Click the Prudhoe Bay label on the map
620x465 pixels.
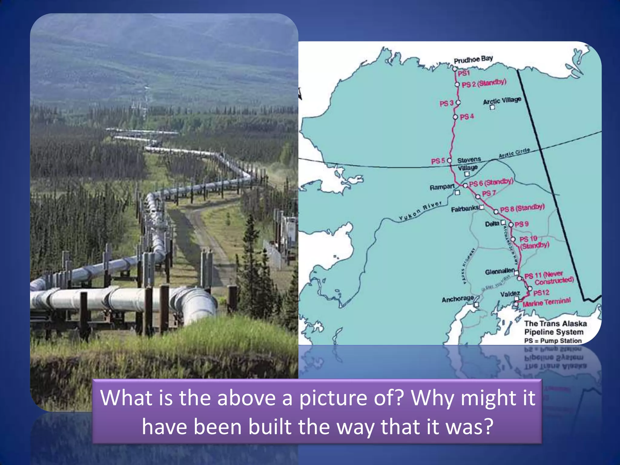(473, 59)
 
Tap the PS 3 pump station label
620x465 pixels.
(447, 104)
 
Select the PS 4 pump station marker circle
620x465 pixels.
(456, 117)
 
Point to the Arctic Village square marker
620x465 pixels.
(493, 107)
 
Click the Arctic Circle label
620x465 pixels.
(514, 153)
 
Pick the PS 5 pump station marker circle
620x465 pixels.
(450, 160)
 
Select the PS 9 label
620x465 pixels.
(522, 224)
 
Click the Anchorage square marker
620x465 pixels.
(476, 305)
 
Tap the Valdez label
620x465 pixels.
(510, 294)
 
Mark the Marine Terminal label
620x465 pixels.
(546, 302)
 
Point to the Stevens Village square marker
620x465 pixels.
(467, 174)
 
